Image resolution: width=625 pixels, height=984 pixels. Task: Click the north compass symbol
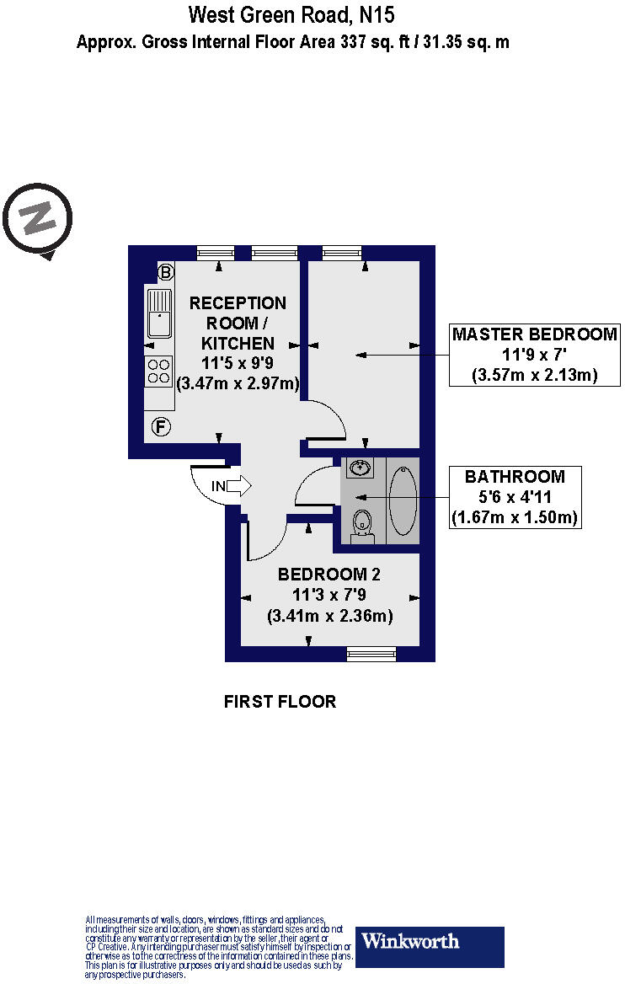38,218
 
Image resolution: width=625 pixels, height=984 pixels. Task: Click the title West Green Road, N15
291,14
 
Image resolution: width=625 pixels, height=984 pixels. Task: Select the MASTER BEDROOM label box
535,355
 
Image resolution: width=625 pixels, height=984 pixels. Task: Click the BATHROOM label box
515,497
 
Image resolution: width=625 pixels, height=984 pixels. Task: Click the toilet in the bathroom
362,522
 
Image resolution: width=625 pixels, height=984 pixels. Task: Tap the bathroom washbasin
360,469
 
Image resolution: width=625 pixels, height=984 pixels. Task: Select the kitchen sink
158,313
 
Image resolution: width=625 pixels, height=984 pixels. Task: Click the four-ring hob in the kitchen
158,371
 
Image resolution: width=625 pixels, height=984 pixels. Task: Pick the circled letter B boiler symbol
166,272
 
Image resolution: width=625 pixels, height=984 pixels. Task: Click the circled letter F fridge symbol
160,427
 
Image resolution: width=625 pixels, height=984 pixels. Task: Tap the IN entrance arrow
230,485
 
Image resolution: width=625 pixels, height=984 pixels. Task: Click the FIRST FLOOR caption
280,702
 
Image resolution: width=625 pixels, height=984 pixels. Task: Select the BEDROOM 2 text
329,575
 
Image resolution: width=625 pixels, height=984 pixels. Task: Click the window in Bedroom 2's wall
371,654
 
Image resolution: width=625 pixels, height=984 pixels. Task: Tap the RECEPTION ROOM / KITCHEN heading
238,323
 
